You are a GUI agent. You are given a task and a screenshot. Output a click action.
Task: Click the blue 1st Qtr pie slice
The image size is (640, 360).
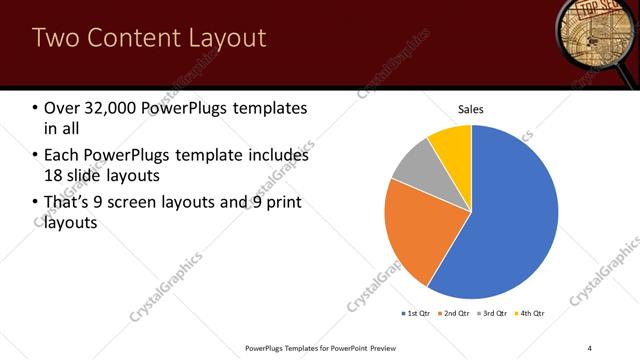click(510, 220)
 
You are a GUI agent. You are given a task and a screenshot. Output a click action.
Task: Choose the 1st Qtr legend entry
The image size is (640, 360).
click(417, 314)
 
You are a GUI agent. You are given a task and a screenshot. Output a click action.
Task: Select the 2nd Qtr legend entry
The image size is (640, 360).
click(455, 314)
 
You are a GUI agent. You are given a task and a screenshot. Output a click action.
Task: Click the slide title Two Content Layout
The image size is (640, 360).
click(149, 38)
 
